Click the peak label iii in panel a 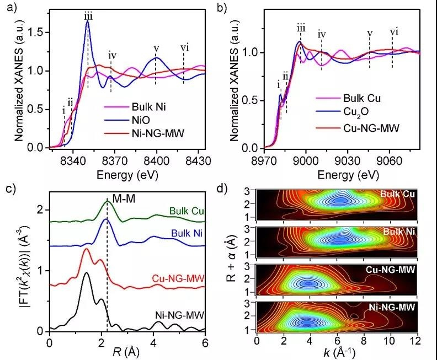click(88, 17)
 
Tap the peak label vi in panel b click(393, 31)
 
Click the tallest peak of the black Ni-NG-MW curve click(86, 273)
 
